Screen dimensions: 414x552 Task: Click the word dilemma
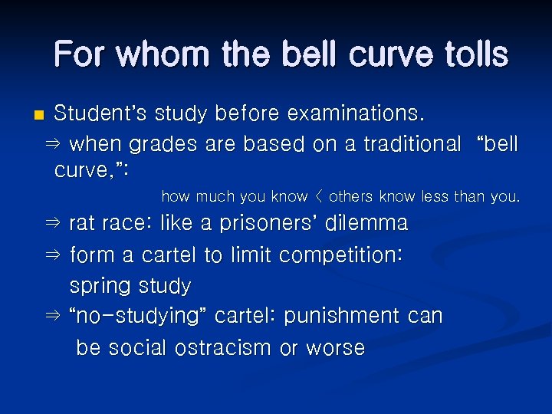tap(366, 224)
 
